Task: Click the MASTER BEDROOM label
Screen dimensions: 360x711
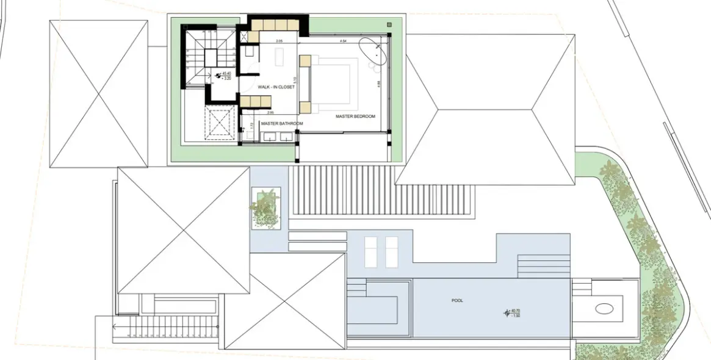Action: coord(355,116)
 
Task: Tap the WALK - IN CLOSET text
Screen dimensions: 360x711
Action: coord(276,87)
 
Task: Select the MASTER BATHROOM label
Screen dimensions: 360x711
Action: coord(281,124)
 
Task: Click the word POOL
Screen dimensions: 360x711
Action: coord(457,301)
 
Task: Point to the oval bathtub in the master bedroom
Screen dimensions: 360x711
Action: coord(373,53)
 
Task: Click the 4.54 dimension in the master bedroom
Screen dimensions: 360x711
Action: coord(343,41)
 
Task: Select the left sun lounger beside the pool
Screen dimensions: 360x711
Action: coord(371,251)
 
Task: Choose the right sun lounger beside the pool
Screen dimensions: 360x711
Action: coord(391,251)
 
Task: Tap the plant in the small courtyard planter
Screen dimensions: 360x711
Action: coord(265,207)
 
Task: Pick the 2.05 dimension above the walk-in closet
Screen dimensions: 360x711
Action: coord(279,41)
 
